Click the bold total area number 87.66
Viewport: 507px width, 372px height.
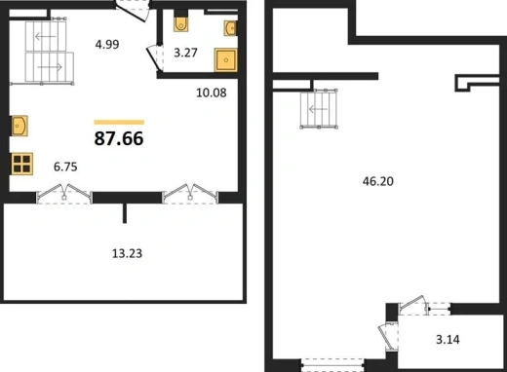pyautogui.click(x=119, y=138)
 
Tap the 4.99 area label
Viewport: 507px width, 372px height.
pyautogui.click(x=107, y=44)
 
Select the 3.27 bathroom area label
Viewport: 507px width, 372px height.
pyautogui.click(x=185, y=53)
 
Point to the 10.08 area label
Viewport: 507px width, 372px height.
pyautogui.click(x=212, y=93)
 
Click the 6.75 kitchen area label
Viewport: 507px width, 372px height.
pyautogui.click(x=65, y=167)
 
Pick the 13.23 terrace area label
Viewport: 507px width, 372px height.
pyautogui.click(x=127, y=253)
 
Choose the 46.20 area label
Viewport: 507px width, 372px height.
pyautogui.click(x=378, y=181)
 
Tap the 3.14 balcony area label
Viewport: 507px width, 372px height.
pyautogui.click(x=448, y=340)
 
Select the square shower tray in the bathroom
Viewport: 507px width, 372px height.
pyautogui.click(x=226, y=60)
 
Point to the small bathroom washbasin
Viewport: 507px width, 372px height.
pyautogui.click(x=230, y=28)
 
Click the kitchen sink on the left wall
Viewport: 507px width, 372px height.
pyautogui.click(x=19, y=126)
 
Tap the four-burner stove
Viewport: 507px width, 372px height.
pyautogui.click(x=22, y=164)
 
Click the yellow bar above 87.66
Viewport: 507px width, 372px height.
pyautogui.click(x=119, y=123)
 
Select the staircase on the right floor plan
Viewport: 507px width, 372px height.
pyautogui.click(x=319, y=109)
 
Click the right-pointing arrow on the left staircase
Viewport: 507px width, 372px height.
pyautogui.click(x=50, y=67)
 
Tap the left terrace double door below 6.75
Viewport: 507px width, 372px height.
pyautogui.click(x=64, y=194)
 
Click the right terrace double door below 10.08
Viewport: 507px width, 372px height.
pyautogui.click(x=190, y=194)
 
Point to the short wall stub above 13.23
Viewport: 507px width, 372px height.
pyautogui.click(x=125, y=213)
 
